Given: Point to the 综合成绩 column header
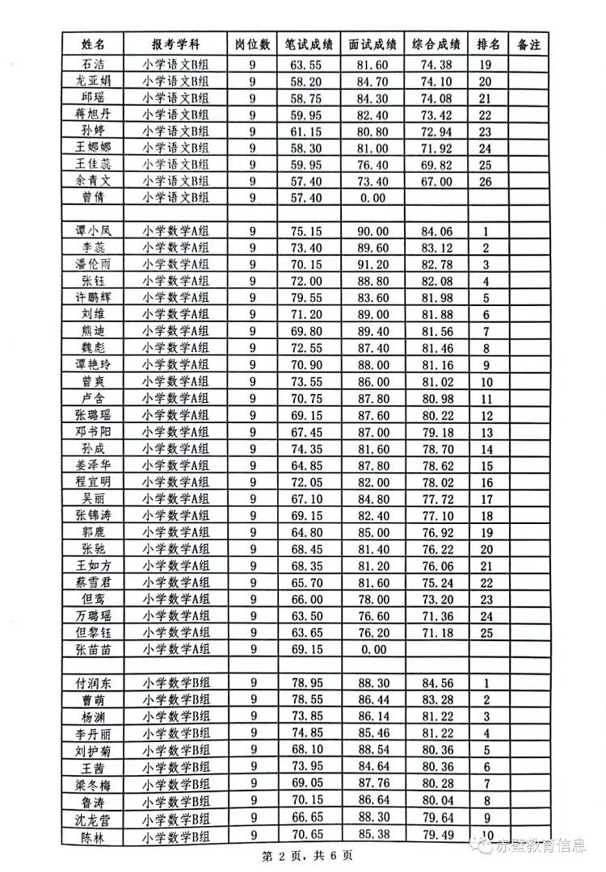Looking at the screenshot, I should point(436,45).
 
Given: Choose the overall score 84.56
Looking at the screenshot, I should point(436,682).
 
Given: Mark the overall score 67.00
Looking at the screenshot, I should point(436,181).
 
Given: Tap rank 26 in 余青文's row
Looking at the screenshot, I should point(486,181).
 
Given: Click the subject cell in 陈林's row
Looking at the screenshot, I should point(175,836).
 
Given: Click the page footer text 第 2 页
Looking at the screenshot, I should point(280,855).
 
